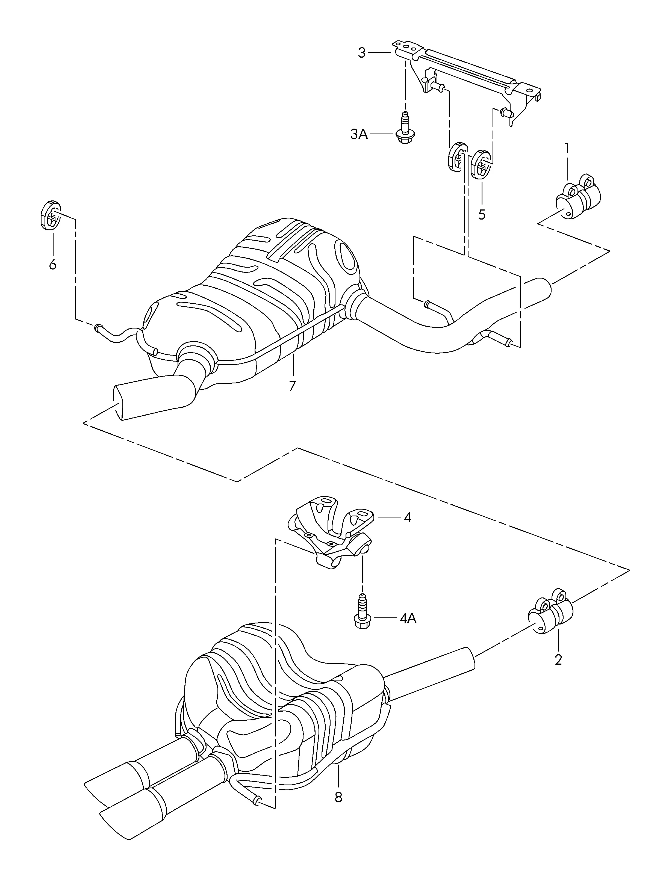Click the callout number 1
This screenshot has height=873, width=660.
(x=567, y=148)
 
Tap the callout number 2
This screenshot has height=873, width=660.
(x=558, y=659)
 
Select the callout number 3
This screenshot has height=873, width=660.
(x=362, y=52)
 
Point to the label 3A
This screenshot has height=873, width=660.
(x=359, y=135)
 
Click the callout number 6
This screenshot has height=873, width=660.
(x=52, y=264)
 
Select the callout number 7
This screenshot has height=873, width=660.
(x=292, y=386)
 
